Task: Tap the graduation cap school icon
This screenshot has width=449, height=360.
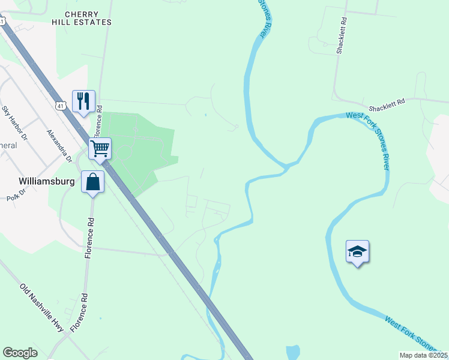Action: [357, 251]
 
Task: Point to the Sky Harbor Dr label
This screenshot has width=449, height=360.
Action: [15, 123]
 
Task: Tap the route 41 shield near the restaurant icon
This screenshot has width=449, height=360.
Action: [61, 106]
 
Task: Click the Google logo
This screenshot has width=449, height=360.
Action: [20, 353]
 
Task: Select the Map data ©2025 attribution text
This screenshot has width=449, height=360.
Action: [423, 355]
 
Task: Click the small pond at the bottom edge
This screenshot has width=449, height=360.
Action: [292, 352]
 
